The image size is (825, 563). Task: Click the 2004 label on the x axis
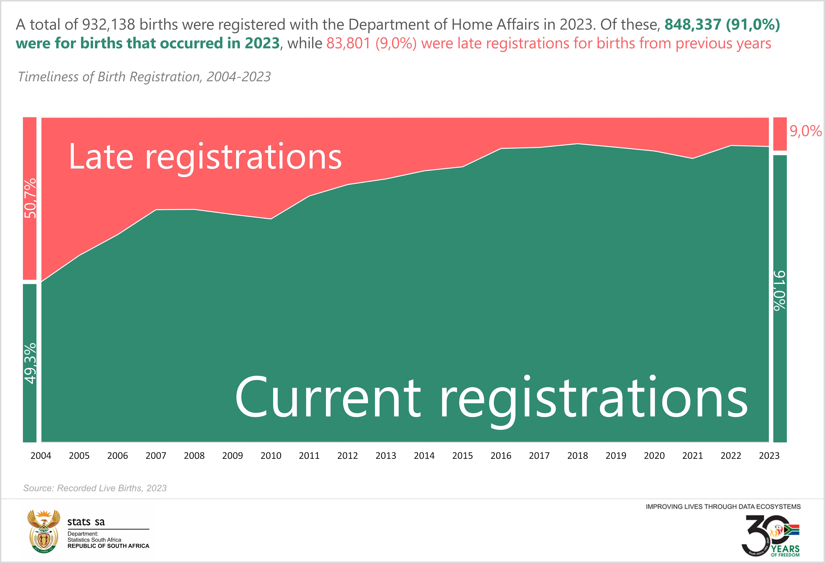point(41,455)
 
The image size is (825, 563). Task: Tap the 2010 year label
point(271,455)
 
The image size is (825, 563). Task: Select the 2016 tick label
point(501,455)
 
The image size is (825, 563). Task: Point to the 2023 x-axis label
point(769,455)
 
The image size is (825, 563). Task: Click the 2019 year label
point(616,455)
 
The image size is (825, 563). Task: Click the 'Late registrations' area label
point(205,156)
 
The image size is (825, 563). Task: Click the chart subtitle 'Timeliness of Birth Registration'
point(144,77)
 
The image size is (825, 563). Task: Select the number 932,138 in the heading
point(108,24)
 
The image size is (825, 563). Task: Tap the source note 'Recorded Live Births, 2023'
point(95,488)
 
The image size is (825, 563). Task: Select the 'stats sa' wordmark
point(86,522)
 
